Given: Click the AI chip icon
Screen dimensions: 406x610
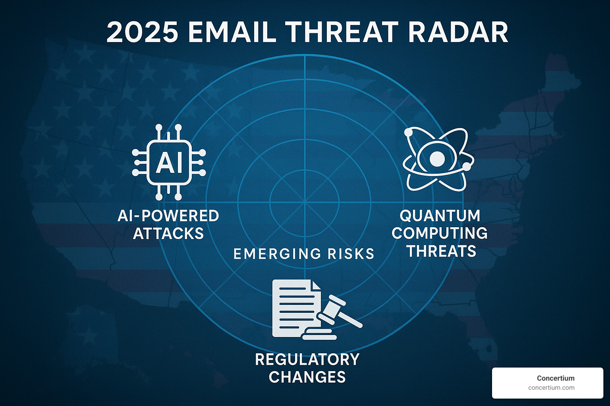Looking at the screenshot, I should point(169,163).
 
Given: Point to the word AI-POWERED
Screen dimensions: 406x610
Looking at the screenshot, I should point(168,216).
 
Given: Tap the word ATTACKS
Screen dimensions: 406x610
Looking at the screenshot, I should point(168,234).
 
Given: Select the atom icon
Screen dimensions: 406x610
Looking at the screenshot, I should point(438,159).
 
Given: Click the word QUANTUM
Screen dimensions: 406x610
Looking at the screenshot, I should point(440,216).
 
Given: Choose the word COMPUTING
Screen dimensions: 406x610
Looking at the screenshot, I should point(440,233).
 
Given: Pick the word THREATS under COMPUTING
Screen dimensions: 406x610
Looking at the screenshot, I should point(441,251).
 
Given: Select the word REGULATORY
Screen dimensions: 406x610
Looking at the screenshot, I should point(307,360).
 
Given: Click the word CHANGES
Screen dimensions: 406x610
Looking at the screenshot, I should point(307,377).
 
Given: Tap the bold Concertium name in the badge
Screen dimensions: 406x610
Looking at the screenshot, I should point(555,378).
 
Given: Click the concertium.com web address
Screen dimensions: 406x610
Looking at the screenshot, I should point(551,388).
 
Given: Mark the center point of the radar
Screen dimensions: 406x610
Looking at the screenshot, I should point(305,203).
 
